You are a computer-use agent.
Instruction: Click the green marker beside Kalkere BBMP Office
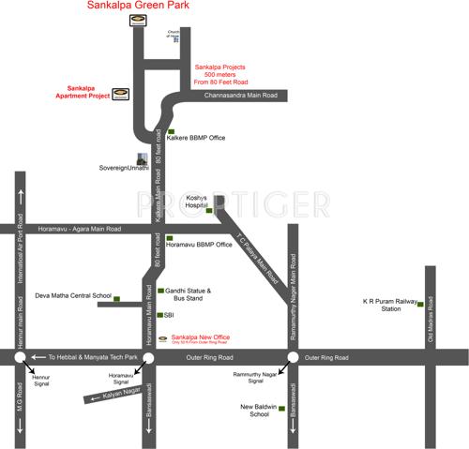pos(170,132)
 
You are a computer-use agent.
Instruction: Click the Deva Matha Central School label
pos(73,295)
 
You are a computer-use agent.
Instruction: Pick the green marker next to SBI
pos(160,315)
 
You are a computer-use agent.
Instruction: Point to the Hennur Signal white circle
pos(20,357)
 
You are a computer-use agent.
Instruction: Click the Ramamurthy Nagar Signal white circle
pos(293,357)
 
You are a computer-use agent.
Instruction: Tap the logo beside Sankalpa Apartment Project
pos(122,93)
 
